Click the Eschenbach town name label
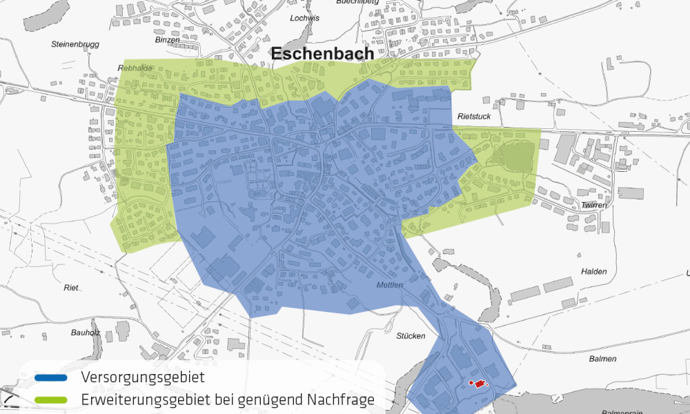[x=322, y=54]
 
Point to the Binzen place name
[x=168, y=40]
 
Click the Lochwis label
[x=305, y=19]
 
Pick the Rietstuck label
[x=474, y=117]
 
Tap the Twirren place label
[x=593, y=206]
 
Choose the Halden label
[x=593, y=272]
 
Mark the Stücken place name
[x=411, y=336]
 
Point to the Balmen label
[x=602, y=359]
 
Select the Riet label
[x=71, y=287]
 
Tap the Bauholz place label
[x=86, y=333]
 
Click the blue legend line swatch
[x=50, y=378]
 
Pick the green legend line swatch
[x=50, y=400]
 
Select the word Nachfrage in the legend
[x=337, y=400]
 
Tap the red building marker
[x=478, y=384]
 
